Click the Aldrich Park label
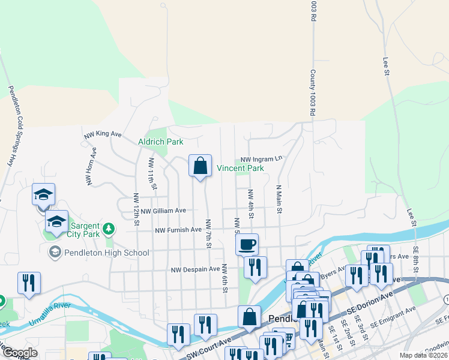coord(160,142)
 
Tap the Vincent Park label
coord(240,169)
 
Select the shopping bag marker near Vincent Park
coord(200,166)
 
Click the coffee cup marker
coord(247,244)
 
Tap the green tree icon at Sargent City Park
coord(109,228)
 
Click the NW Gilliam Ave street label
coord(163,211)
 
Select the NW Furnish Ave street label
coord(178,230)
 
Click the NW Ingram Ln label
coord(261,159)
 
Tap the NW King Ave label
coord(103,135)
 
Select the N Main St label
coord(279,199)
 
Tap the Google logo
coord(20,353)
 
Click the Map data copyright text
coord(423,355)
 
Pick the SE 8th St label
coord(415,259)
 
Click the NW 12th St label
coord(137,207)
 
